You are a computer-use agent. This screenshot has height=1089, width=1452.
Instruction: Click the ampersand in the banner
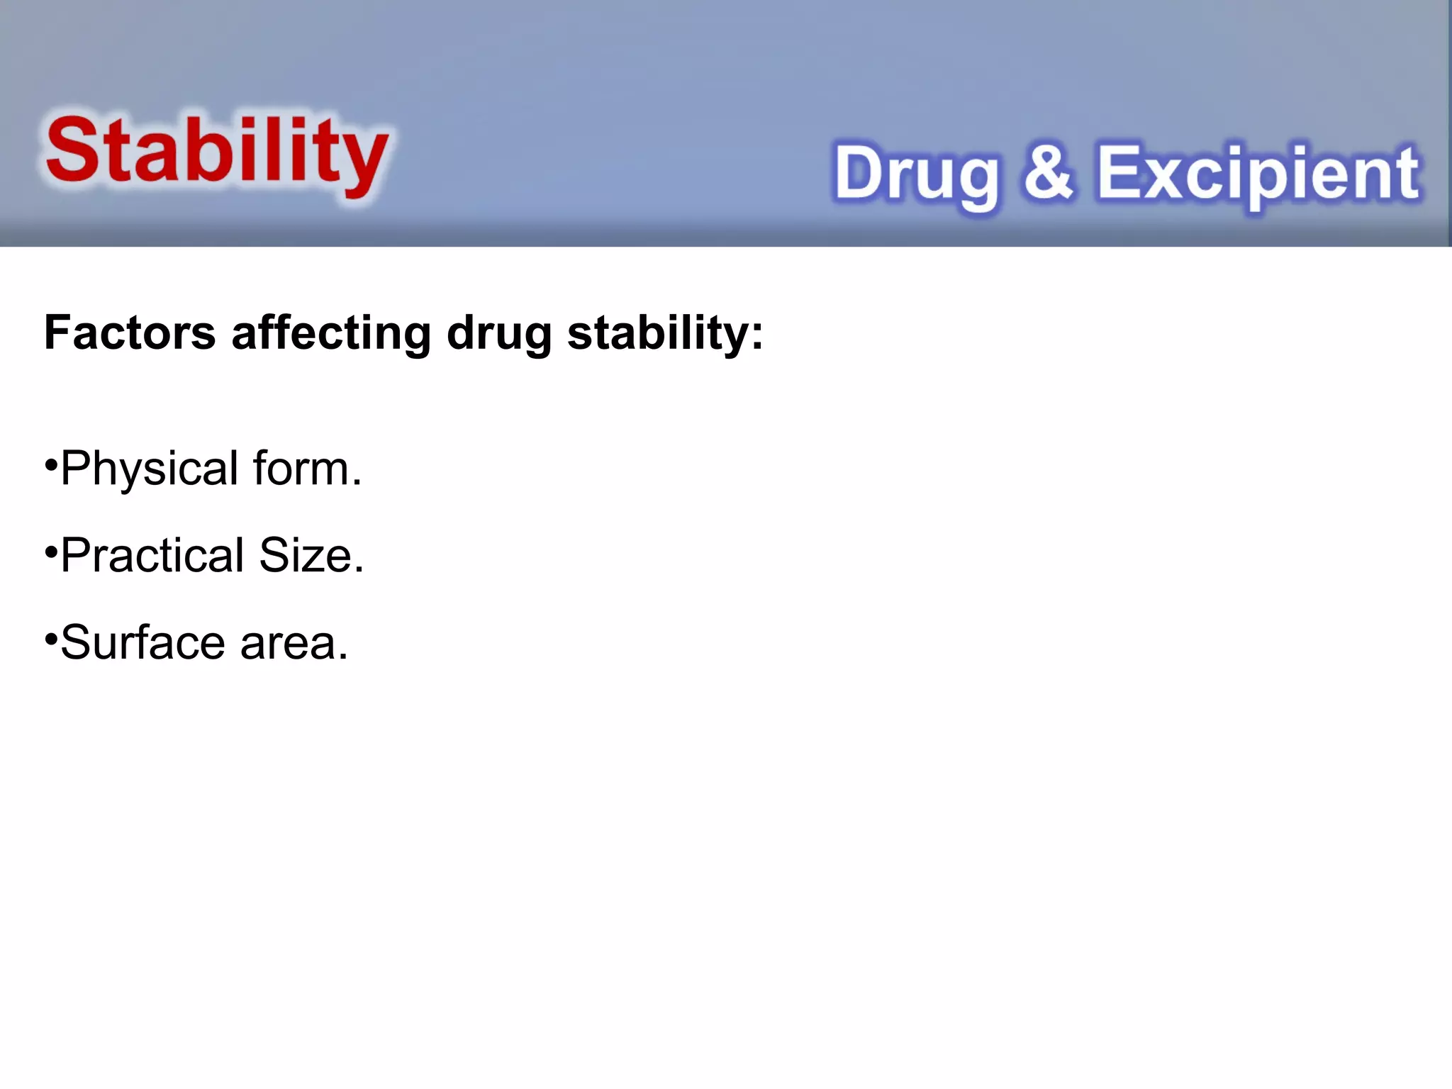(1048, 172)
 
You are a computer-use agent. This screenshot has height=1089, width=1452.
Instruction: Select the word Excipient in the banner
(1258, 174)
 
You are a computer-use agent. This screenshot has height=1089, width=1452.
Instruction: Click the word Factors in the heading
(130, 333)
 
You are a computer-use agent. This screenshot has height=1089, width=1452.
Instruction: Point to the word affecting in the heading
(331, 333)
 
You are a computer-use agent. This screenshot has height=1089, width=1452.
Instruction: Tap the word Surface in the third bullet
(143, 642)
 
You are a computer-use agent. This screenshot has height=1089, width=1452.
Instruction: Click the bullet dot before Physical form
(50, 465)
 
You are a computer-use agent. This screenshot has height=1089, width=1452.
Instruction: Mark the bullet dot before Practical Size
(50, 551)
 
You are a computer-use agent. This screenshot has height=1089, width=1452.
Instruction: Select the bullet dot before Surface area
(50, 639)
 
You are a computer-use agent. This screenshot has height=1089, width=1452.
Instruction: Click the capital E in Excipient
(1119, 172)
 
